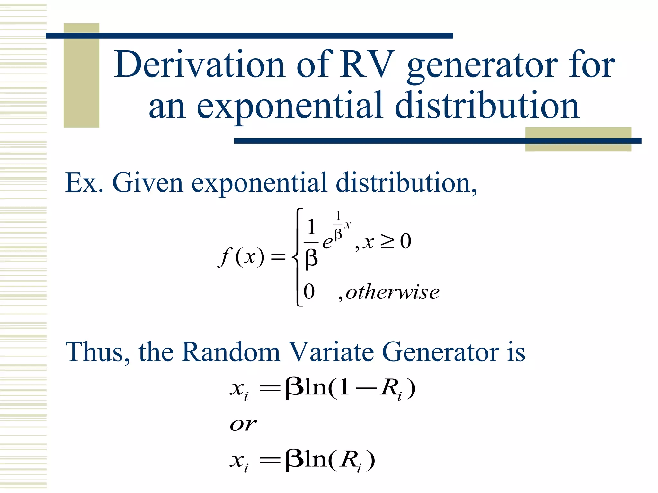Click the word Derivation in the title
(200, 65)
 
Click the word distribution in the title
(487, 106)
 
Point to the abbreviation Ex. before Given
(84, 183)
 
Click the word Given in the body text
(147, 183)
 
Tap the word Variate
(331, 352)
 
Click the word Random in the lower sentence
(231, 352)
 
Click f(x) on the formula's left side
(241, 257)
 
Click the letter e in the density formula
(327, 243)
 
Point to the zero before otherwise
(309, 292)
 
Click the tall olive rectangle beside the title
(81, 76)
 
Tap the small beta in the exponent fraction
(338, 234)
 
